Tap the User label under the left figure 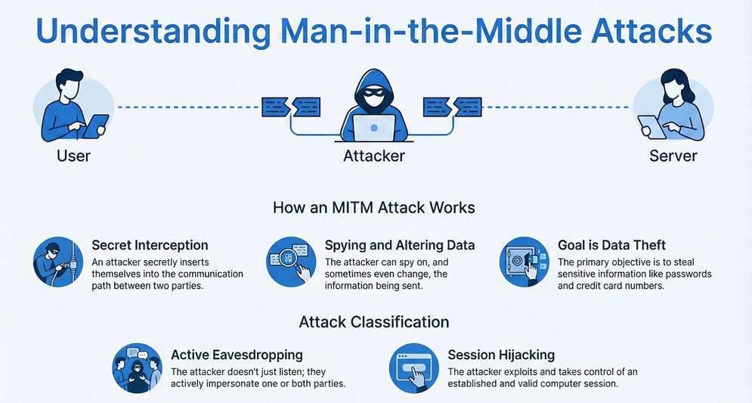point(73,157)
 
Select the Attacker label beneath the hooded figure point(374,157)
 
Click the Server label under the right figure point(673,157)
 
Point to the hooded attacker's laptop point(375,126)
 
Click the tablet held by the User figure point(95,126)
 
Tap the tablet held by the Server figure point(651,126)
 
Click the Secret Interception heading point(150,245)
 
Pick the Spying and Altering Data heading point(400,245)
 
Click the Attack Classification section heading point(374,322)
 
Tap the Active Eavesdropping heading point(237,355)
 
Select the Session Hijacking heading point(501,355)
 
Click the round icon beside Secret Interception point(58,262)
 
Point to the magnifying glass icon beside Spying point(292,262)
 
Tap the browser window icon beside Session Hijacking point(413,368)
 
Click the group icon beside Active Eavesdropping point(137,368)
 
